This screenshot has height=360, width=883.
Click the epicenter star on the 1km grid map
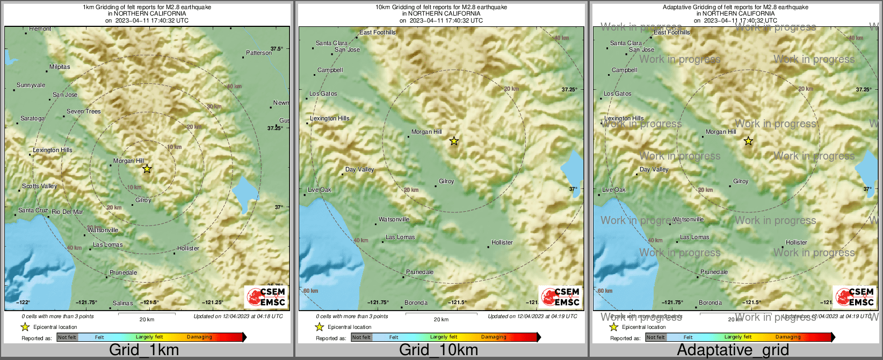[x=147, y=169]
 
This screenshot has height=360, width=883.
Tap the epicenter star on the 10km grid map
[x=454, y=141]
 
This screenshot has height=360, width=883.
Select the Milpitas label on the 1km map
[x=60, y=67]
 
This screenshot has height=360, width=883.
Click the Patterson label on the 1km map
[x=259, y=53]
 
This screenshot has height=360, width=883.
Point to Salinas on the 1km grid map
[x=122, y=304]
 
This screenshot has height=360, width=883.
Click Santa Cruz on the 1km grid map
[x=33, y=211]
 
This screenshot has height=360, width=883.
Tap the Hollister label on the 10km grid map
[x=502, y=243]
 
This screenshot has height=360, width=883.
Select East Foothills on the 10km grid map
[x=377, y=33]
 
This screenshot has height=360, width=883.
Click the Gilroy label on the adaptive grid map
[x=741, y=182]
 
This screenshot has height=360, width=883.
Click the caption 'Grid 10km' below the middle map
[x=438, y=350]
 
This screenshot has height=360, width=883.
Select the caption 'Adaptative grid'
[x=733, y=350]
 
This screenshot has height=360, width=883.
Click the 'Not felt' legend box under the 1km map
[x=67, y=337]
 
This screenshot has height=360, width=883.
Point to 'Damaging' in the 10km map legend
[x=494, y=337]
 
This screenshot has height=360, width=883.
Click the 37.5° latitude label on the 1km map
[x=277, y=49]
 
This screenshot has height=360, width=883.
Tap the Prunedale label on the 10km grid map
[x=419, y=272]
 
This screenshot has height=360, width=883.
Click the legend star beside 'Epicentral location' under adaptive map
[x=613, y=327]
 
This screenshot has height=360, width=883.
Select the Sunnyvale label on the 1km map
[x=31, y=85]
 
